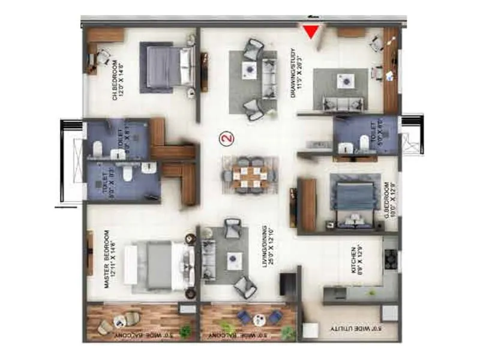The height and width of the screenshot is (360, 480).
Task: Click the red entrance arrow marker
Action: pyautogui.click(x=311, y=31)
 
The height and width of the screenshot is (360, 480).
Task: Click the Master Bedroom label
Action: pyautogui.click(x=109, y=259)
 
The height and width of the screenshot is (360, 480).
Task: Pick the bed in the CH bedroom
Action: pyautogui.click(x=168, y=66)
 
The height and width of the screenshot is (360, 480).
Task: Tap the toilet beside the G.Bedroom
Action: pyautogui.click(x=364, y=142)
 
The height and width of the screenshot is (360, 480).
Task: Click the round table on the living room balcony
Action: pyautogui.click(x=257, y=318)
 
